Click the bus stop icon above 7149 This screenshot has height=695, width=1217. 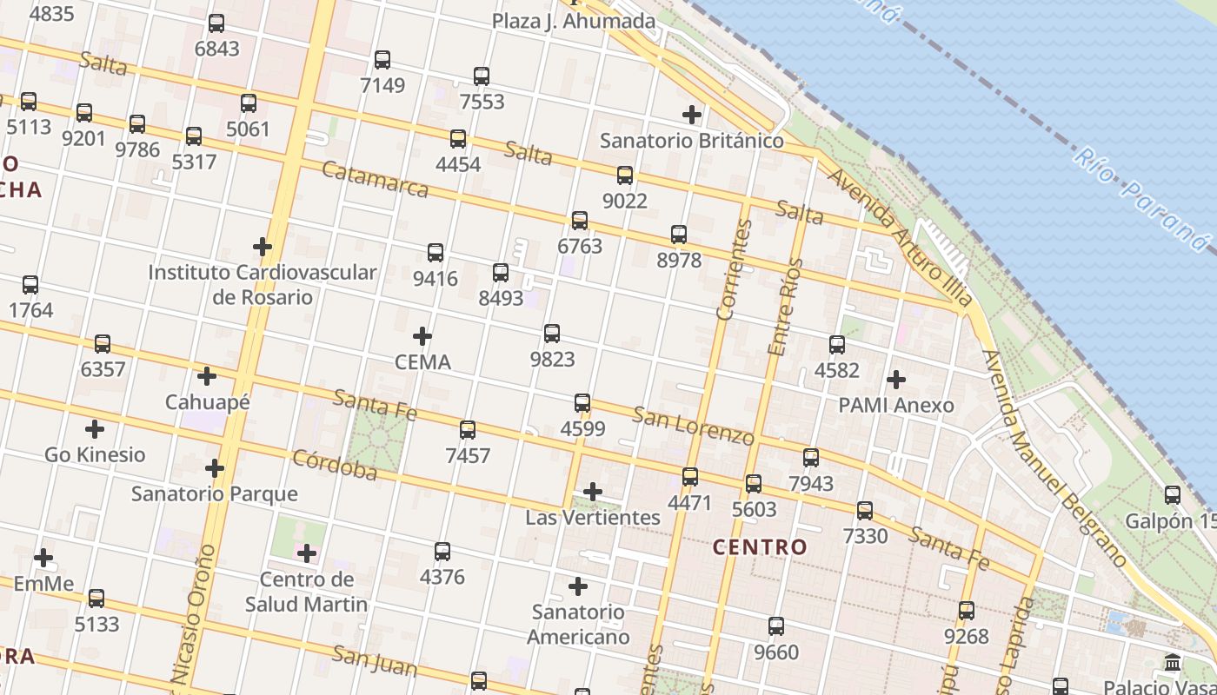(x=382, y=60)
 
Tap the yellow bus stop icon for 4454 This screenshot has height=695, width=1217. (x=458, y=139)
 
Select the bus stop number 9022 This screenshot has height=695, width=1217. (x=625, y=201)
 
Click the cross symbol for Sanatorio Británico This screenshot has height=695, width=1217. (x=692, y=115)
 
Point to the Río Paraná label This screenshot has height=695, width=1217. (x=1140, y=198)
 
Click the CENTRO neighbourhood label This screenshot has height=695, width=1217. (x=760, y=547)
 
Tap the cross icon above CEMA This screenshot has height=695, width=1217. (x=422, y=336)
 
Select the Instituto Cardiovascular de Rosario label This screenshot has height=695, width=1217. (x=263, y=284)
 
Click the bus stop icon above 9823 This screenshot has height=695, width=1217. (x=552, y=334)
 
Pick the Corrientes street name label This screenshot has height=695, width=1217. (x=734, y=269)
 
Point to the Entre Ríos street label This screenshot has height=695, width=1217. (x=782, y=306)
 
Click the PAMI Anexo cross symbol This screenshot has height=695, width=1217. (x=896, y=380)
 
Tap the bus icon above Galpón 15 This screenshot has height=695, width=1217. (x=1173, y=495)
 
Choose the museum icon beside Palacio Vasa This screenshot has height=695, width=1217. (x=1172, y=663)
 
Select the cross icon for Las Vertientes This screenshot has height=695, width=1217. (x=593, y=493)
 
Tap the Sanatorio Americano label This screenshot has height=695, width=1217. (x=578, y=624)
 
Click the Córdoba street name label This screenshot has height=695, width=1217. (x=335, y=465)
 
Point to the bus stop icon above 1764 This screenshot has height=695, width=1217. (x=30, y=285)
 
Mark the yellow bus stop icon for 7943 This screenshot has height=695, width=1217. (x=811, y=458)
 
